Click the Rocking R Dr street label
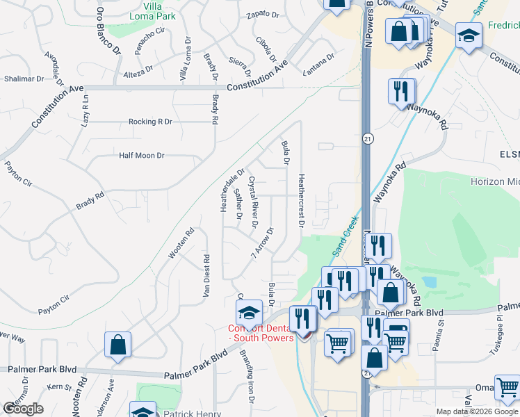[x=150, y=122]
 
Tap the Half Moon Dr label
[x=141, y=156]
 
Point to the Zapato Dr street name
[x=262, y=13]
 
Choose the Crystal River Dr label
[x=254, y=202]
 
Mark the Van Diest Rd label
[x=206, y=276]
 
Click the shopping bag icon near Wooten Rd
[x=117, y=345]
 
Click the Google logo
[x=23, y=409]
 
